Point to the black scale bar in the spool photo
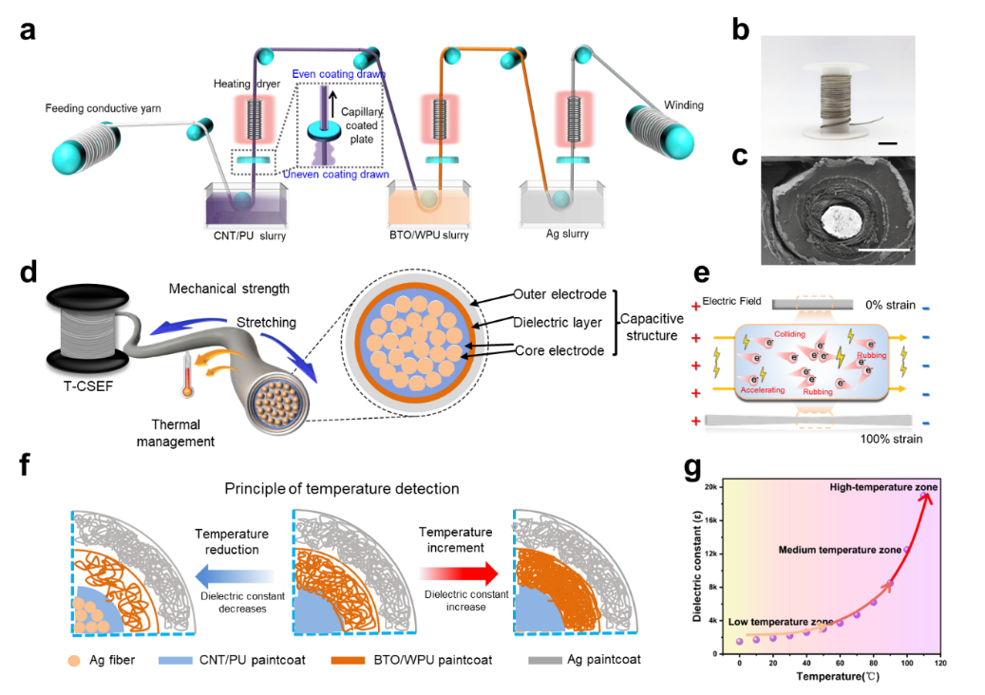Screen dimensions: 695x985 (x=888, y=142)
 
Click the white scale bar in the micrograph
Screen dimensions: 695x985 (x=884, y=250)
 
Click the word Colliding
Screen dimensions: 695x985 (x=789, y=335)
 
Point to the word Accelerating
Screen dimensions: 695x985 (x=762, y=389)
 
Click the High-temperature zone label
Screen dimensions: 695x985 (x=883, y=488)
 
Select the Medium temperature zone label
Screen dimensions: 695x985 (x=840, y=550)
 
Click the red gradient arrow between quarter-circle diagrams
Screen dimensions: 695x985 (x=459, y=573)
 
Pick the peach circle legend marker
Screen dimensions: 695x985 (x=74, y=661)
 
